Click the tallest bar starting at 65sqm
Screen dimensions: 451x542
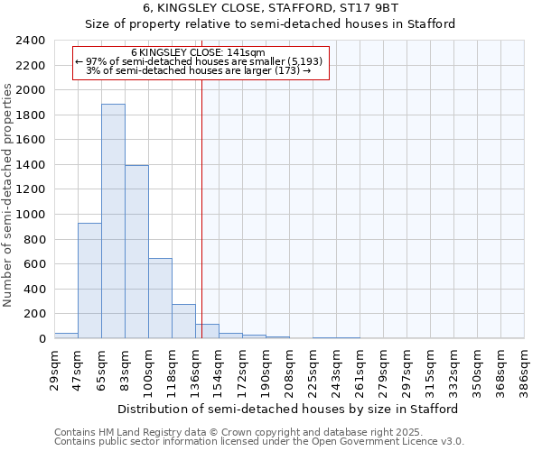(x=113, y=221)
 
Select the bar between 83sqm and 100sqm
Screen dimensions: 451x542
(x=136, y=252)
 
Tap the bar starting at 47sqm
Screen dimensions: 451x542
(x=89, y=281)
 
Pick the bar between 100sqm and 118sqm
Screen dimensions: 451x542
(x=160, y=298)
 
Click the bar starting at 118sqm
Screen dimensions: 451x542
(x=183, y=321)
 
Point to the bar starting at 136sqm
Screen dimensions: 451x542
(x=207, y=331)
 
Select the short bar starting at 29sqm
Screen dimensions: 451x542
(x=66, y=336)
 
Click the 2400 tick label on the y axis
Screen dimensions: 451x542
(x=31, y=41)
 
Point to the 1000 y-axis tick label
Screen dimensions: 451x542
(x=31, y=215)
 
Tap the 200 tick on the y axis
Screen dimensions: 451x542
(x=34, y=314)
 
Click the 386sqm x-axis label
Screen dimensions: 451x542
(x=524, y=371)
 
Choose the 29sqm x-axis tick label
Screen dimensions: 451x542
(x=54, y=368)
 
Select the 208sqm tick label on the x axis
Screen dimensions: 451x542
(x=289, y=371)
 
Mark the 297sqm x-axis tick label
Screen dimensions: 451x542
(x=406, y=371)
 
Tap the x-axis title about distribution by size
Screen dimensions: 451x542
(x=289, y=409)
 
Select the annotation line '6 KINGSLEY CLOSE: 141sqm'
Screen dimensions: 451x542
(x=198, y=52)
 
